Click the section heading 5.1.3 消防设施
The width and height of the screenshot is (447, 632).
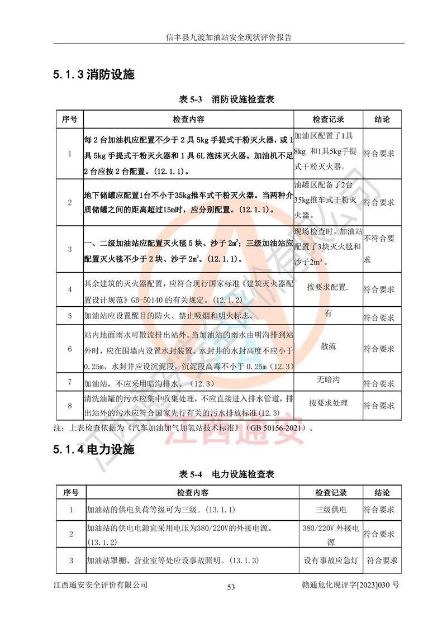tap(94, 75)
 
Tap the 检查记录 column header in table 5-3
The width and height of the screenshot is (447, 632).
tap(328, 120)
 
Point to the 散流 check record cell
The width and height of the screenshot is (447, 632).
tap(328, 346)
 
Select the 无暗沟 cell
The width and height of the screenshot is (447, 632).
tap(328, 381)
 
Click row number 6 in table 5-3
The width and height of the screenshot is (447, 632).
tap(70, 349)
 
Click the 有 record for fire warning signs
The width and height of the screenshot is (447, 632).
tap(328, 313)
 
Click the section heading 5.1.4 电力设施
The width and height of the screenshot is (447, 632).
tap(94, 450)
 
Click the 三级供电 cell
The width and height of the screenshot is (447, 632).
tap(331, 510)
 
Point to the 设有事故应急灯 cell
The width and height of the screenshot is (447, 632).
tap(331, 560)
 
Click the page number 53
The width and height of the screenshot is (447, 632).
tap(231, 587)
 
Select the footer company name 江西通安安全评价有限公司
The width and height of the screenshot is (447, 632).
tap(101, 585)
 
